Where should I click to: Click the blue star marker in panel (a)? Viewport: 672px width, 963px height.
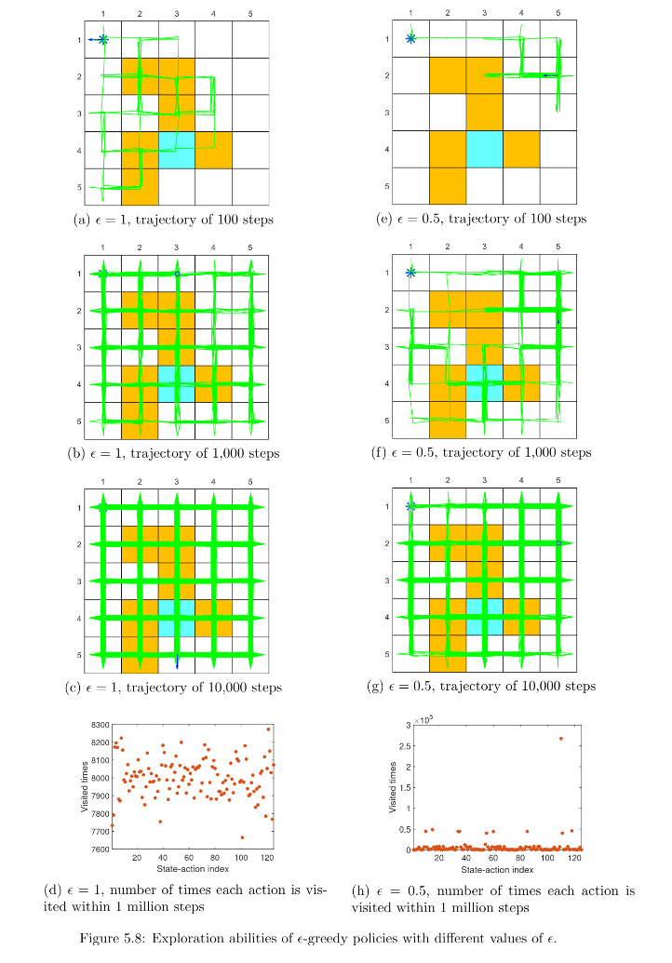[x=103, y=39]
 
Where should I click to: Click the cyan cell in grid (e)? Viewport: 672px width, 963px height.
[x=484, y=149]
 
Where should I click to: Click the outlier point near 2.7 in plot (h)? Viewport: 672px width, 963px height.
[x=560, y=739]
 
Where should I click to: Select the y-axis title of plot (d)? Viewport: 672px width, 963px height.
[x=83, y=787]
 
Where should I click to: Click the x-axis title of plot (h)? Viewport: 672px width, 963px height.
[x=497, y=870]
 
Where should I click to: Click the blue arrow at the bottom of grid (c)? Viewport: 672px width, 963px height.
[x=177, y=662]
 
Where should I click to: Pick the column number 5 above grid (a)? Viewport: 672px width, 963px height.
[x=250, y=14]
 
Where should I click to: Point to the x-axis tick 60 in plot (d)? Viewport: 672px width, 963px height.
[x=189, y=859]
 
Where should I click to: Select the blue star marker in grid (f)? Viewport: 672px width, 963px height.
[x=410, y=273]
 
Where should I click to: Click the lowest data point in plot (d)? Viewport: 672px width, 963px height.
[x=242, y=836]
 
